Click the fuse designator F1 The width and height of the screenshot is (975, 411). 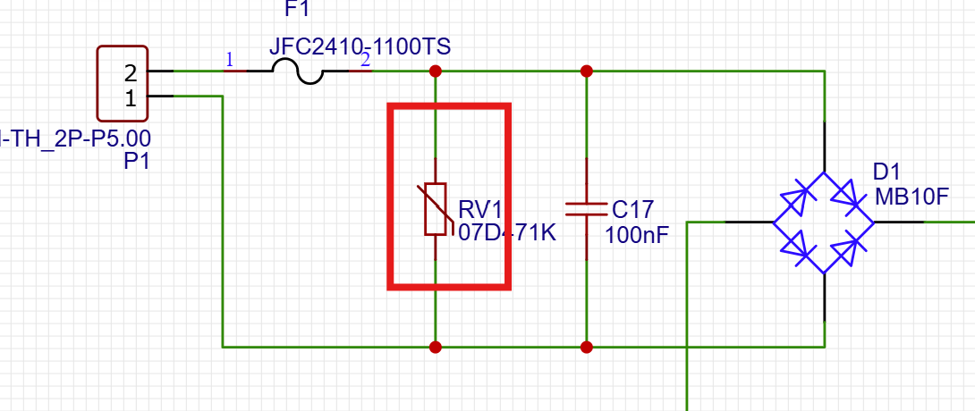pyautogui.click(x=298, y=10)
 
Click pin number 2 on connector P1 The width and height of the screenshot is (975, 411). pyautogui.click(x=131, y=71)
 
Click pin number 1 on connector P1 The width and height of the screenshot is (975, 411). pyautogui.click(x=131, y=98)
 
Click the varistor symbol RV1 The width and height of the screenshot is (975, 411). pyautogui.click(x=435, y=209)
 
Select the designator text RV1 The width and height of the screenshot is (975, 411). pyautogui.click(x=481, y=210)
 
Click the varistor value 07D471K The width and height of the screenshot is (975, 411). pyautogui.click(x=507, y=234)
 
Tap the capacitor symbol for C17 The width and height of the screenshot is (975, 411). pyautogui.click(x=586, y=209)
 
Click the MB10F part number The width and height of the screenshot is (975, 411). pyautogui.click(x=910, y=197)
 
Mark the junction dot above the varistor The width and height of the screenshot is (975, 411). pyautogui.click(x=435, y=71)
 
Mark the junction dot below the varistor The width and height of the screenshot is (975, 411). pyautogui.click(x=435, y=346)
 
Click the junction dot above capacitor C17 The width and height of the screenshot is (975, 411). pyautogui.click(x=586, y=71)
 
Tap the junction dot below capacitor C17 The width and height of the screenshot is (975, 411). pyautogui.click(x=586, y=346)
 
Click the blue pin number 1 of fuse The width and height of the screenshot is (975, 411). pyautogui.click(x=230, y=60)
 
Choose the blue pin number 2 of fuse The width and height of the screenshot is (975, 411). pyautogui.click(x=364, y=60)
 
